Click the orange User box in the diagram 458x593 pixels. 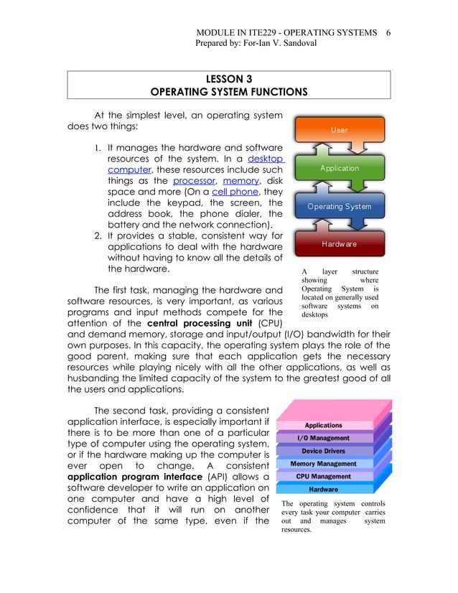[339, 130]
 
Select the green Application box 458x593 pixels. [339, 168]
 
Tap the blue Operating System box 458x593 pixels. [339, 207]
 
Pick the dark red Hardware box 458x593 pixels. [339, 244]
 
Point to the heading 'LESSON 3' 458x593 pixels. [228, 79]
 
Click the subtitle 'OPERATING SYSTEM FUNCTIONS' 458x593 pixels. [228, 92]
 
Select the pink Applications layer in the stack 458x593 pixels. [323, 426]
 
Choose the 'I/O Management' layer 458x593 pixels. [323, 438]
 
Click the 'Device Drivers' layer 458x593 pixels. [323, 451]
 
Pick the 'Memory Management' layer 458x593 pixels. [323, 464]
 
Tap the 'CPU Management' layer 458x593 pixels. [323, 476]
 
